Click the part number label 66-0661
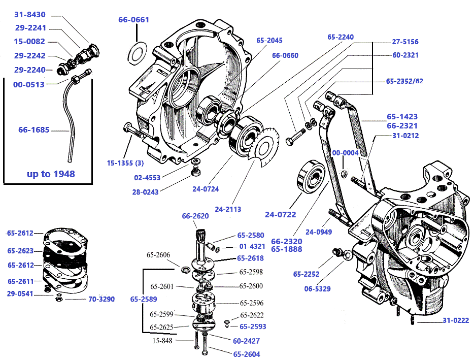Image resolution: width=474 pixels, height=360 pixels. pyautogui.click(x=134, y=20)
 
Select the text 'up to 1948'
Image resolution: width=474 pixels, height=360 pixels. pyautogui.click(x=51, y=174)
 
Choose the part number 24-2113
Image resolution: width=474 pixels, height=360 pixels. pyautogui.click(x=228, y=209)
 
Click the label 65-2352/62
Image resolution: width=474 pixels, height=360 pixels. pyautogui.click(x=404, y=81)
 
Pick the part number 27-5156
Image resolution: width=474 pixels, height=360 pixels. pyautogui.click(x=405, y=42)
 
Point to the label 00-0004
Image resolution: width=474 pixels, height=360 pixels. pyautogui.click(x=345, y=153)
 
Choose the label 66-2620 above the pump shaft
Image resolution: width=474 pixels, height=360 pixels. pyautogui.click(x=195, y=216)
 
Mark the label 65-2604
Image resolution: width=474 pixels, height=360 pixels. pyautogui.click(x=247, y=354)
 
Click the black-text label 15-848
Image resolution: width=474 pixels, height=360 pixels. pyautogui.click(x=163, y=341)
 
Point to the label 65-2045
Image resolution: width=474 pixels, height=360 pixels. pyautogui.click(x=269, y=41)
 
